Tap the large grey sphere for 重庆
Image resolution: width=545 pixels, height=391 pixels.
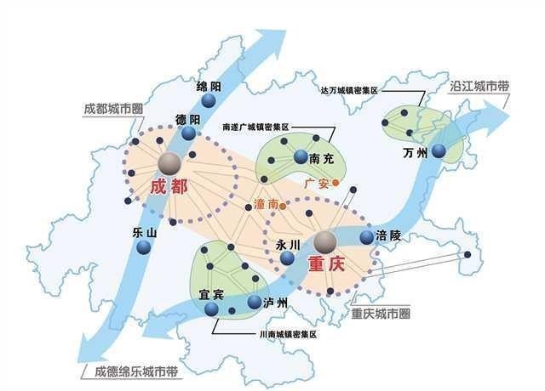point(325,244)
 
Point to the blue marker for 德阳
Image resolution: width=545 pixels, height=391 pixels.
point(189,133)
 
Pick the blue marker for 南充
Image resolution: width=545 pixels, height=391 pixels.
point(300,156)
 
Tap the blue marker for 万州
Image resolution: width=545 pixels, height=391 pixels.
point(438,150)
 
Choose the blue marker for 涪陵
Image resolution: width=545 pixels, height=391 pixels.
point(367,237)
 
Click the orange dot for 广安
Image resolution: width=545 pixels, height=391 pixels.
point(336,182)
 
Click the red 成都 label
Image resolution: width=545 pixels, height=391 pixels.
point(169,188)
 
